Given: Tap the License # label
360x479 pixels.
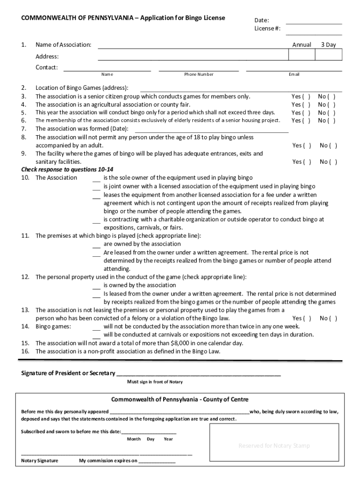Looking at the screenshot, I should pyautogui.click(x=267, y=29).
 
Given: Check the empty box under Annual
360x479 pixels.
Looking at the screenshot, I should pyautogui.click(x=302, y=55).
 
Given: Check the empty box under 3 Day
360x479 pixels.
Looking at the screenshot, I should pyautogui.click(x=328, y=55).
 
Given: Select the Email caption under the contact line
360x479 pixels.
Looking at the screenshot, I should pyautogui.click(x=294, y=74).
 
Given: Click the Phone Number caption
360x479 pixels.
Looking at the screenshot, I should pyautogui.click(x=199, y=74).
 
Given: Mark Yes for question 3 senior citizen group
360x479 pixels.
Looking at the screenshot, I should pyautogui.click(x=301, y=96).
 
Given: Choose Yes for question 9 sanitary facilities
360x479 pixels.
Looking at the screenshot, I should pyautogui.click(x=302, y=162).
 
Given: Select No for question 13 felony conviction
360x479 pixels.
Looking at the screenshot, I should pyautogui.click(x=328, y=318).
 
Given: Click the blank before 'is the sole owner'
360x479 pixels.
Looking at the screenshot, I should pyautogui.click(x=96, y=180).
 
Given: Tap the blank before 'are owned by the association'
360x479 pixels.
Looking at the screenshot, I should pyautogui.click(x=96, y=246).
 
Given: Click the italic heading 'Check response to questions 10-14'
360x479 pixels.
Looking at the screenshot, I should pyautogui.click(x=67, y=169).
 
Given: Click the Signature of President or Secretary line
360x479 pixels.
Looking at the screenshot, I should pyautogui.click(x=198, y=374).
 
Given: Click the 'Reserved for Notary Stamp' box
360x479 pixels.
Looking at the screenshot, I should pyautogui.click(x=274, y=445).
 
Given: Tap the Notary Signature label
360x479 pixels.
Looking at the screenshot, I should pyautogui.click(x=40, y=461).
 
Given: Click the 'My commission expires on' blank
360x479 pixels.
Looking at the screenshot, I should pyautogui.click(x=157, y=461).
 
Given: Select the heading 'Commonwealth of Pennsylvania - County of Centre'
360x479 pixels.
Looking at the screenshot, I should pyautogui.click(x=180, y=399).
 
